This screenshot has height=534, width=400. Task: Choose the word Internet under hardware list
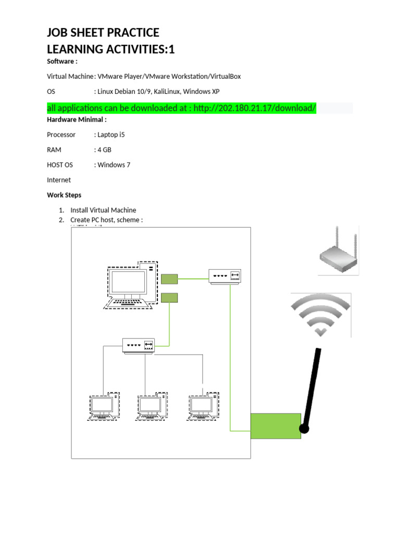click(59, 180)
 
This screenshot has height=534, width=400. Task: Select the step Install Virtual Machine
click(103, 210)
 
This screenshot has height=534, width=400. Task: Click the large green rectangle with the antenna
click(276, 426)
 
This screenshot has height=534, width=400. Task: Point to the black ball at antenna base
click(304, 429)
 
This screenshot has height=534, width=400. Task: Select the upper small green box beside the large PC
click(169, 279)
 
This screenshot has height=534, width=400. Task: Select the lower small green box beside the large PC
click(169, 298)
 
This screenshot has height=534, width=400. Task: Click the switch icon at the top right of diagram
click(226, 276)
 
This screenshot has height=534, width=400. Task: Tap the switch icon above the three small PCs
click(140, 345)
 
